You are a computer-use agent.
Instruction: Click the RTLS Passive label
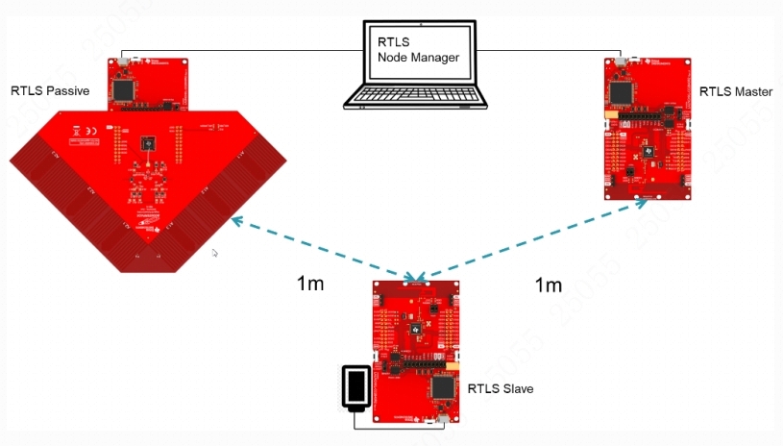[x=50, y=91]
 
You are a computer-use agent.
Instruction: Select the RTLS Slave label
[x=501, y=389]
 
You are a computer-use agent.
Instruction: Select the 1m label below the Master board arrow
[x=548, y=285]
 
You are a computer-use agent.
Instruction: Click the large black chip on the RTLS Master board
[x=622, y=92]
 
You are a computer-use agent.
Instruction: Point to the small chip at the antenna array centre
[x=148, y=143]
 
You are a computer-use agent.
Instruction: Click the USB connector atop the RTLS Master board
[x=621, y=62]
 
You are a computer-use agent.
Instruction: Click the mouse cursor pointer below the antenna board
[x=214, y=253]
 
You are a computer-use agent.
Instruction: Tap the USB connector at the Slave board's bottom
[x=443, y=420]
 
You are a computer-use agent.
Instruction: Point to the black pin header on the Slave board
[x=424, y=365]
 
